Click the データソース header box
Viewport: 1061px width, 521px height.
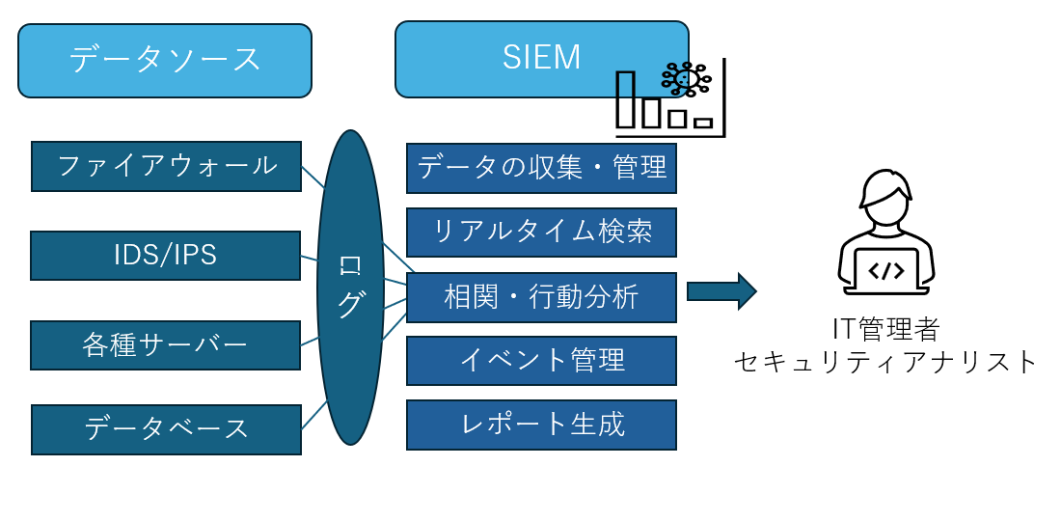[165, 60]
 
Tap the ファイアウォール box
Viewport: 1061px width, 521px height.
[166, 166]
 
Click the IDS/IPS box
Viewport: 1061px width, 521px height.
[165, 256]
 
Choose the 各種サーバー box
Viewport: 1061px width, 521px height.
[165, 345]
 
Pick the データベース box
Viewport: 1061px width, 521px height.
[166, 429]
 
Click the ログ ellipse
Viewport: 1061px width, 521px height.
[350, 288]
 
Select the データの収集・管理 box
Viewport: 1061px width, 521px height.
[541, 168]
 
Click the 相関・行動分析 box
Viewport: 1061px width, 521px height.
[541, 297]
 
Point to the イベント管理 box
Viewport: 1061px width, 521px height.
[541, 361]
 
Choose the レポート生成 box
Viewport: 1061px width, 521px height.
[541, 425]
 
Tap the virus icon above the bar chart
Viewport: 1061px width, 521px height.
[687, 79]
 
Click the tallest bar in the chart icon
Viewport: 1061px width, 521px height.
[626, 99]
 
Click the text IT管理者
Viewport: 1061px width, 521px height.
[885, 329]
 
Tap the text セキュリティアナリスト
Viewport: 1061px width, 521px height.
[885, 362]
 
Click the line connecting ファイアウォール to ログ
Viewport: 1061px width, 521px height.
[313, 177]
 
